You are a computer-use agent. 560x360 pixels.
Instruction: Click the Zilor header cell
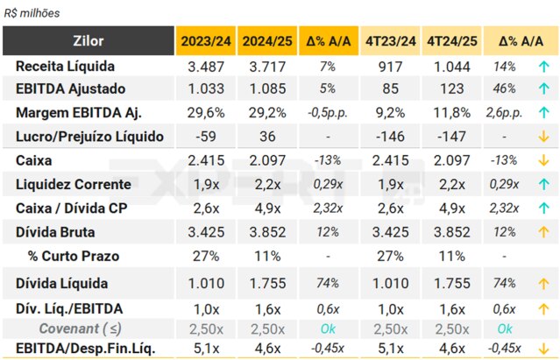(x=89, y=40)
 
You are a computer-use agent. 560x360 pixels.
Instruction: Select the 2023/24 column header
(x=206, y=40)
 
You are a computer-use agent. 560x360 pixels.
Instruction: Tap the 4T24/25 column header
(x=451, y=40)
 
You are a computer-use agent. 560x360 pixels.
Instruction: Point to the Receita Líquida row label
(x=66, y=66)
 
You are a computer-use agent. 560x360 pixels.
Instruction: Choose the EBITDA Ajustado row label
(x=71, y=88)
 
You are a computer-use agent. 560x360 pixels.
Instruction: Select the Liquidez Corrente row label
(x=74, y=184)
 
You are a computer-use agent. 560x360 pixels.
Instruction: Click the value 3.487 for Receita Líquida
(x=206, y=66)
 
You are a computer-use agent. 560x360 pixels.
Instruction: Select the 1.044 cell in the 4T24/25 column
(x=451, y=66)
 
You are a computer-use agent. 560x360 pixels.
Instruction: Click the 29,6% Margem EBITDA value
(x=206, y=112)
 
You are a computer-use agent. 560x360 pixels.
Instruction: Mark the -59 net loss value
(x=206, y=137)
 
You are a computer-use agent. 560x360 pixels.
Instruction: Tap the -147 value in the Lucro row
(x=451, y=137)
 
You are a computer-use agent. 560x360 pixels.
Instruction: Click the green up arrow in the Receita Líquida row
(x=543, y=66)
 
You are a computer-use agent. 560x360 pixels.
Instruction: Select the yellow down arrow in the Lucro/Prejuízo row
(x=543, y=137)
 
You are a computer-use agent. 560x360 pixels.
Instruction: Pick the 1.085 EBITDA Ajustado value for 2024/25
(x=268, y=88)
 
